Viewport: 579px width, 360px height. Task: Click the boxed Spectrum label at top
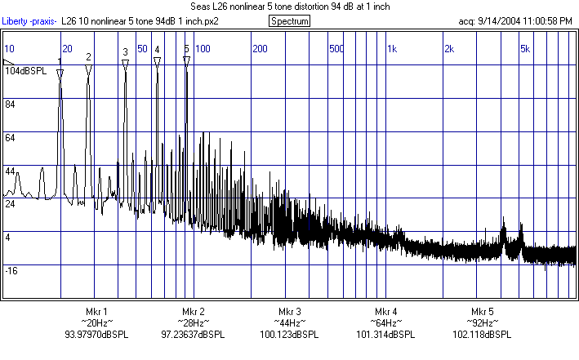[289, 20]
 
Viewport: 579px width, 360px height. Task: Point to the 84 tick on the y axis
[11, 104]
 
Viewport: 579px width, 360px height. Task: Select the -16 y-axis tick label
[12, 270]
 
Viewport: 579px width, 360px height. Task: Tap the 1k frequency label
[391, 49]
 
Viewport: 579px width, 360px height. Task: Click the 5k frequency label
[525, 49]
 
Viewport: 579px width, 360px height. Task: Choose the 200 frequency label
[260, 49]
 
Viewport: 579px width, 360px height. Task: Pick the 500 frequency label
[336, 49]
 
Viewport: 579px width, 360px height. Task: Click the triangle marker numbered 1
[60, 73]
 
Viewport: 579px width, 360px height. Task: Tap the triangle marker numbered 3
[125, 63]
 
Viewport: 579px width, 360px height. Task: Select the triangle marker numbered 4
[157, 61]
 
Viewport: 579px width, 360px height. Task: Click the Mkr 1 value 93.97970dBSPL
[96, 335]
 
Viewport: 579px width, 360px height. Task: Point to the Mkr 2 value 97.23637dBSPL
[194, 335]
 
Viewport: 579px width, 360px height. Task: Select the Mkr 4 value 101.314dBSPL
[386, 335]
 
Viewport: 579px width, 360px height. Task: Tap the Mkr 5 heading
[483, 312]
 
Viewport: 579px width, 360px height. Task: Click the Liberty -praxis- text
[30, 20]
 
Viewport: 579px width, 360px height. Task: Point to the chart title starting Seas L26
[289, 7]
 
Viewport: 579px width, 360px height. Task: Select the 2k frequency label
[448, 49]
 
